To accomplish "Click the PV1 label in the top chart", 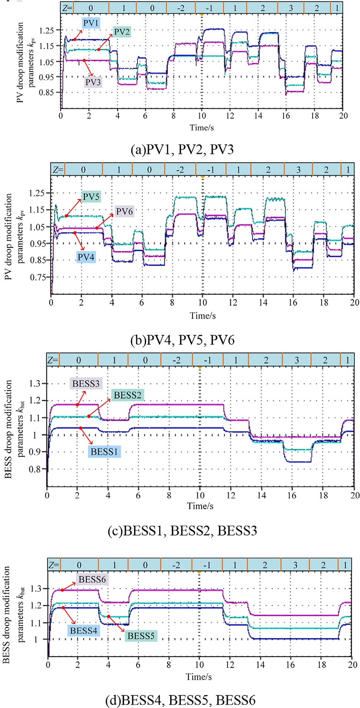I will tap(90, 23).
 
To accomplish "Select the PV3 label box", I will tap(93, 82).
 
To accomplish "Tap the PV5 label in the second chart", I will tap(91, 197).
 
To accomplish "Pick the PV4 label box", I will tap(86, 257).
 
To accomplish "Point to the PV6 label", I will tap(124, 211).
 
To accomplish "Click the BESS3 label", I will tap(86, 383).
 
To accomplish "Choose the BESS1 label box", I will tap(104, 452).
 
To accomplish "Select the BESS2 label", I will tap(128, 395).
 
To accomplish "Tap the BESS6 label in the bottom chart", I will tap(92, 579).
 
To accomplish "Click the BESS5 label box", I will tap(141, 636).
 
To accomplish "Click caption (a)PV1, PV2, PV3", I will tap(182, 149).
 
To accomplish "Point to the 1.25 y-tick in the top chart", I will tap(47, 31).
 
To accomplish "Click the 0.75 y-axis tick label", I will tap(38, 277).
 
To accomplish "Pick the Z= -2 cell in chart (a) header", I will tap(181, 8).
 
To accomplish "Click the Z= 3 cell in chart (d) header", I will tap(295, 565).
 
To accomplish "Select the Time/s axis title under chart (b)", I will tap(202, 316).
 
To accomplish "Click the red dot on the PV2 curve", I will tap(99, 49).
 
